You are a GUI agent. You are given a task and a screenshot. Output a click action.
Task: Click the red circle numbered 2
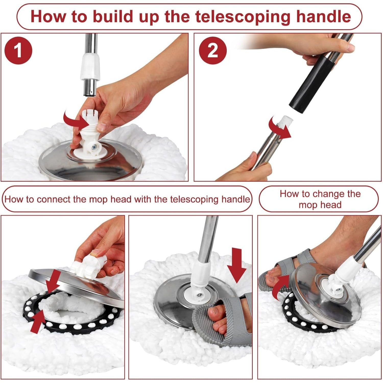coord(213,51)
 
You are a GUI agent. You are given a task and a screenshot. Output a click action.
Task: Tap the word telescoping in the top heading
coord(243,16)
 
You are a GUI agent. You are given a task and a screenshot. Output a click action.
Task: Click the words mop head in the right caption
coord(320,205)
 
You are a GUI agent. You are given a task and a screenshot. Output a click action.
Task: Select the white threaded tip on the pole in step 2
coord(285,120)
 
